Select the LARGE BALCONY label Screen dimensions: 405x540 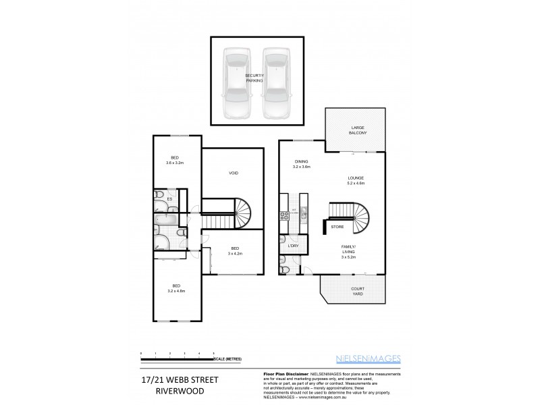[358, 130]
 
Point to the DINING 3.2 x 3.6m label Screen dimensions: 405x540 [301, 164]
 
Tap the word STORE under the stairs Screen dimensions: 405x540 [337, 227]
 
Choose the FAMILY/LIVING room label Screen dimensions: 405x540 [347, 252]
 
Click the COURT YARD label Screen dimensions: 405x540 [357, 292]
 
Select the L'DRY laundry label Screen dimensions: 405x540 [293, 245]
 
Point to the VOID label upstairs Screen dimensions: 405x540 [234, 173]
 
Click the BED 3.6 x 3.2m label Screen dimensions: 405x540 [175, 159]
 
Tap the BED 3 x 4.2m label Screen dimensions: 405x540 [236, 250]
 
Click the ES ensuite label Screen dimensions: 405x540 [170, 199]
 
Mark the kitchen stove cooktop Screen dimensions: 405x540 [284, 216]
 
